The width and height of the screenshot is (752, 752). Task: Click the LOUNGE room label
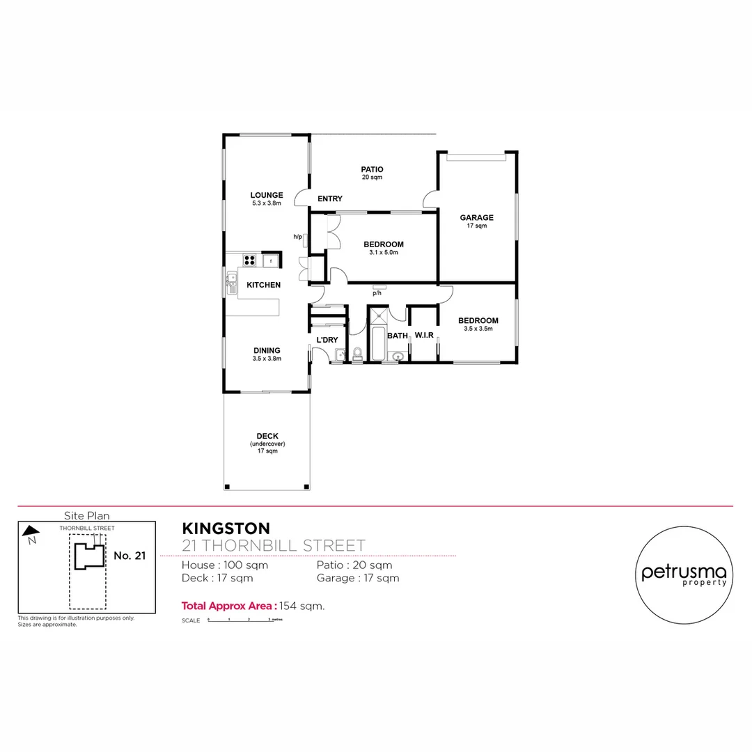click(x=267, y=195)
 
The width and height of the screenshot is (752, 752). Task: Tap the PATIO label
click(x=372, y=169)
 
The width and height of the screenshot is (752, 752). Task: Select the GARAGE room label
click(x=476, y=217)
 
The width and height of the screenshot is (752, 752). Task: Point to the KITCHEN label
click(x=264, y=285)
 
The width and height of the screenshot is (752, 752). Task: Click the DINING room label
click(x=267, y=350)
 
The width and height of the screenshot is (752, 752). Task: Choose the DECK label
click(x=267, y=436)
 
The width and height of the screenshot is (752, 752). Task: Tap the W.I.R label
click(x=424, y=336)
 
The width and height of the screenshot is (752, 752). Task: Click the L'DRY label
click(x=327, y=340)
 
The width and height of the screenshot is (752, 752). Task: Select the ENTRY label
click(x=329, y=199)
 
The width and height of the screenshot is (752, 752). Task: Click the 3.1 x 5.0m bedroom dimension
click(x=384, y=253)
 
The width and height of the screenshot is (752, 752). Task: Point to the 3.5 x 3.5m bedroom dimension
click(x=478, y=329)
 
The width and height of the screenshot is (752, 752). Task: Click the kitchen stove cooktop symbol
click(x=249, y=260)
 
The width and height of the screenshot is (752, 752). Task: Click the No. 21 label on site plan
click(x=129, y=556)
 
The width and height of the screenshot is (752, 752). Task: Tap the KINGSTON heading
click(x=226, y=529)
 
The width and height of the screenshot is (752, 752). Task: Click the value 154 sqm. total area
click(x=302, y=606)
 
